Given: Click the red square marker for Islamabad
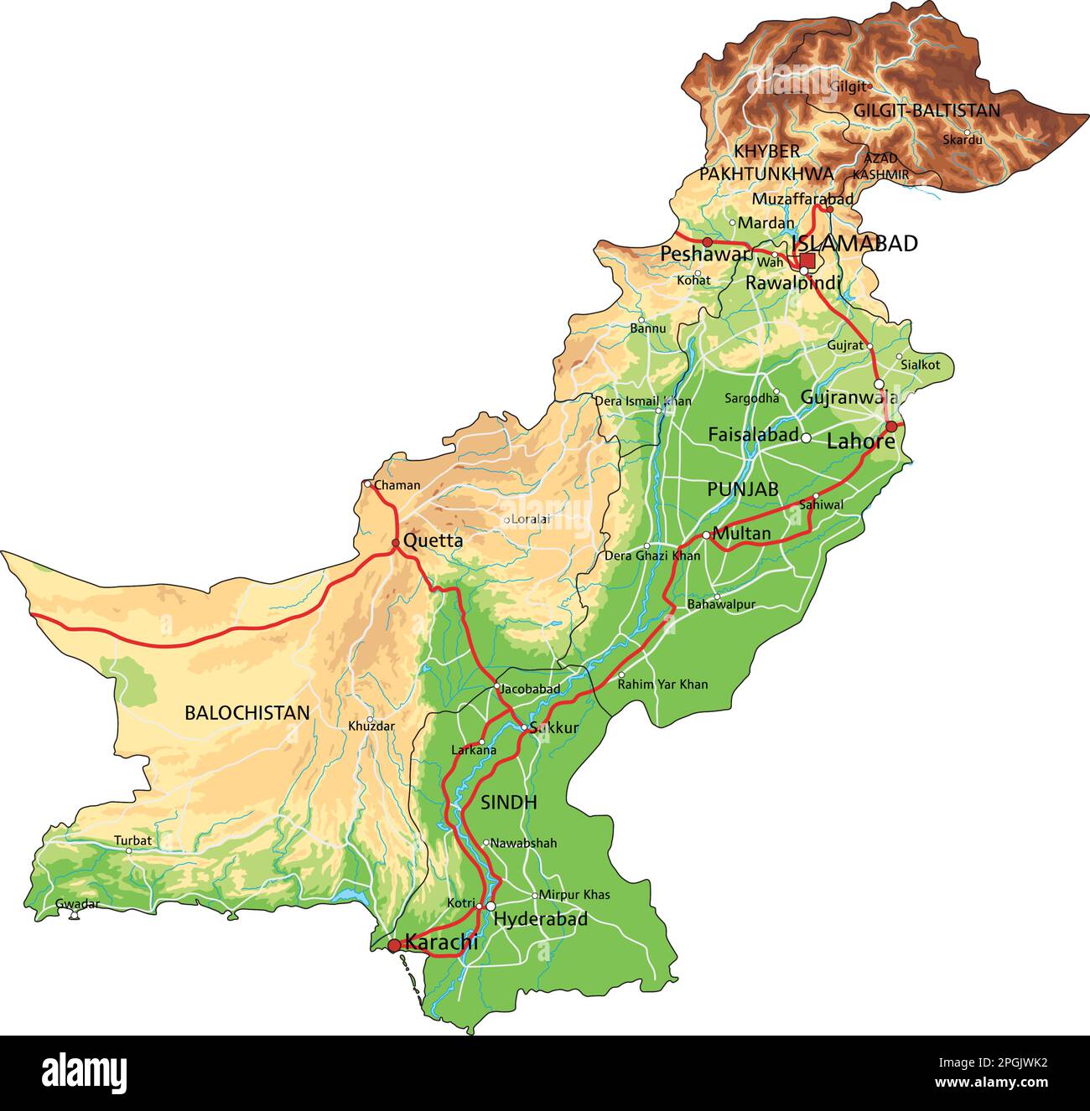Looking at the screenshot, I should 807,260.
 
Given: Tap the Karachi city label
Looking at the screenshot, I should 441,942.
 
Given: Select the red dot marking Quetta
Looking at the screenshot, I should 396,543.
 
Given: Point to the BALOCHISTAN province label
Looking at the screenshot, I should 247,713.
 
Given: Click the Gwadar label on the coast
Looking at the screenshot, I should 77,904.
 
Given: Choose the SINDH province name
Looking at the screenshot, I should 508,803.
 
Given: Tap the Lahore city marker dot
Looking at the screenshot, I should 890,426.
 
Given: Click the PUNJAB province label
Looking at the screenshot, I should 742,489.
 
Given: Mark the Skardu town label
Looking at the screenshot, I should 963,140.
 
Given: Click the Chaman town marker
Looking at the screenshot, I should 367,483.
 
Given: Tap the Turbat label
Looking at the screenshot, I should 133,840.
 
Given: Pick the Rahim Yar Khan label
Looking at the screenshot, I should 662,685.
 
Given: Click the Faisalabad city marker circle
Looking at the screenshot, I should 806,437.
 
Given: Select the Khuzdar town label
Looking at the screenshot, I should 371,726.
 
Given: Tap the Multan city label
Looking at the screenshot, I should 741,533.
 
